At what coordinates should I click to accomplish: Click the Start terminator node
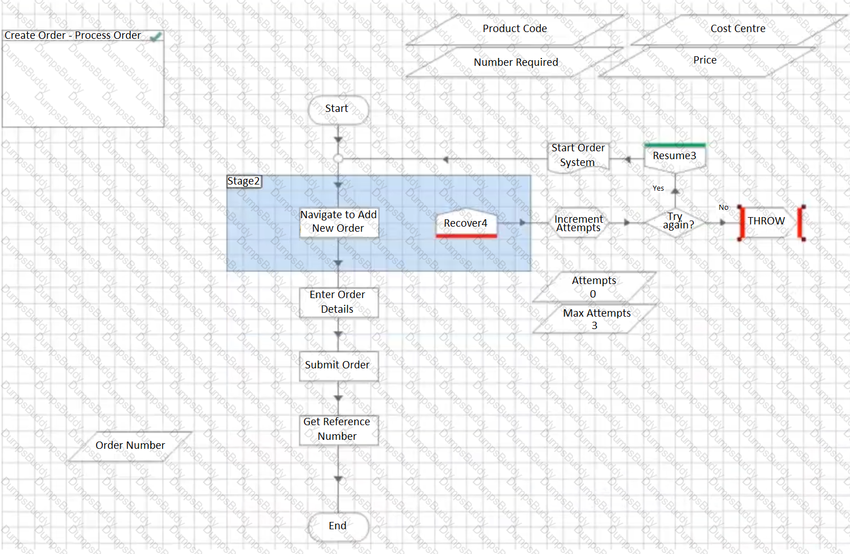[338, 110]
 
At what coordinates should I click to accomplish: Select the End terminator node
[338, 526]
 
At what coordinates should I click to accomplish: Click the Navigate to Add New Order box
[339, 222]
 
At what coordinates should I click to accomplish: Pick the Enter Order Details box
[339, 302]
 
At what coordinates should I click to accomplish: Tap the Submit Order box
[339, 366]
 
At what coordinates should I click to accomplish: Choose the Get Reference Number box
[339, 429]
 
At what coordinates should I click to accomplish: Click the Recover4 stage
[466, 223]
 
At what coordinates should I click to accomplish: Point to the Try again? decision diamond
[675, 222]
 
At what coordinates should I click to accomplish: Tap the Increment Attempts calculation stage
[579, 223]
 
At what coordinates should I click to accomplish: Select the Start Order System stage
[579, 156]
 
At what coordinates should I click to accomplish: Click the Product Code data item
[515, 30]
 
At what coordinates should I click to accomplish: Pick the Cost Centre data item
[738, 30]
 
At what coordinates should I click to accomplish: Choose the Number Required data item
[515, 62]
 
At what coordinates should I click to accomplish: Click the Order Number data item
[130, 446]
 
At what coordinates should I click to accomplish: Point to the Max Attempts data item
[594, 319]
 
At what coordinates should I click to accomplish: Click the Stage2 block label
[244, 181]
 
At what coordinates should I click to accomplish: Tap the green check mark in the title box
[156, 37]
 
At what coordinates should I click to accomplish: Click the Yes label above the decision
[658, 188]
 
